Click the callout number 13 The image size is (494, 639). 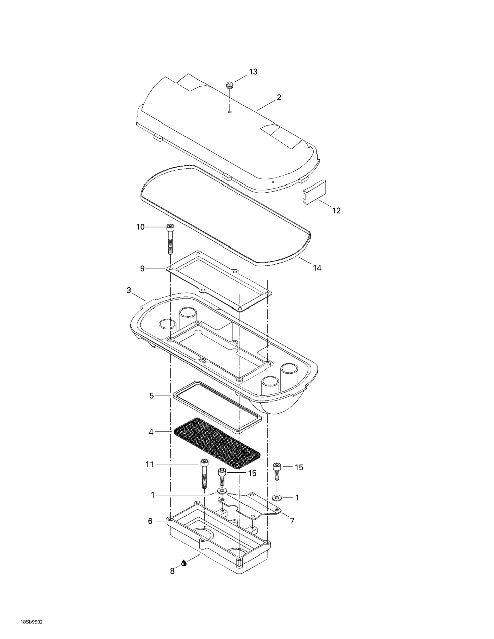253,72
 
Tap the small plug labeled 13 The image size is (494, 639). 230,86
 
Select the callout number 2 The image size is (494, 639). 279,97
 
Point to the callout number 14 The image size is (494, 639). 317,268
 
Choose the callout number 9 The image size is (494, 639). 142,269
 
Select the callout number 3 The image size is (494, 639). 129,290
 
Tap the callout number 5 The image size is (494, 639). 151,396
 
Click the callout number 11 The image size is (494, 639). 150,464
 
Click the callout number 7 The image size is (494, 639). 292,521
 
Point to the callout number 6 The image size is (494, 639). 150,521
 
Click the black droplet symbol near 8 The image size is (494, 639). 184,571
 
